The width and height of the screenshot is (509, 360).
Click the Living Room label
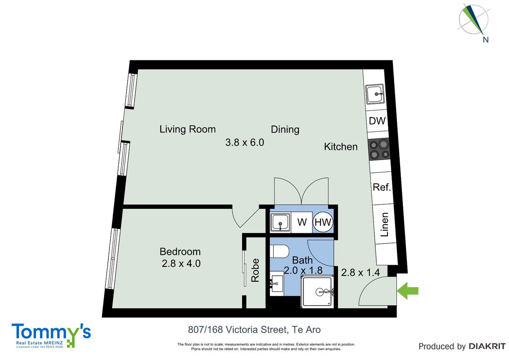pos(187,129)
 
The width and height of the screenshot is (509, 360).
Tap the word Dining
pos(285,130)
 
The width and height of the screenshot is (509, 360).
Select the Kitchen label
pos(341,146)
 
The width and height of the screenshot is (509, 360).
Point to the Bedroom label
pos(180,252)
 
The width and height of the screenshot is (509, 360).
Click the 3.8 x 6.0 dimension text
pos(245,142)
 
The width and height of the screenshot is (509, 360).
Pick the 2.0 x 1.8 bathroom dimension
pos(303,270)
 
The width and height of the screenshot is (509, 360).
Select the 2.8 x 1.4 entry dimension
pos(360,272)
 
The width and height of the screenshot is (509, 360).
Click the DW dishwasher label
pos(377,121)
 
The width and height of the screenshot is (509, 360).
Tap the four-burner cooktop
pos(379,149)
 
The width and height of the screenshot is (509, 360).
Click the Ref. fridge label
pos(382,187)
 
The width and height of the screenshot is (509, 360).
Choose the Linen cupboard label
pos(384,224)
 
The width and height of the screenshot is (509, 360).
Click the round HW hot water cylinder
pos(323,222)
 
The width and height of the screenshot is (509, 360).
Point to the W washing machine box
pos(302,222)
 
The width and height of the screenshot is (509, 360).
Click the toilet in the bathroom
pos(279,251)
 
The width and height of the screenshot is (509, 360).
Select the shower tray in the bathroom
pos(318,292)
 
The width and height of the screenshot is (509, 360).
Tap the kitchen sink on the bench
pos(375,94)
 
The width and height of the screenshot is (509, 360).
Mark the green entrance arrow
pos(408,291)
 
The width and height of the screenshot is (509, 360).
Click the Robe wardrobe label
pos(255,270)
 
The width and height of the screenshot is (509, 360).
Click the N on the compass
pos(486,40)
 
